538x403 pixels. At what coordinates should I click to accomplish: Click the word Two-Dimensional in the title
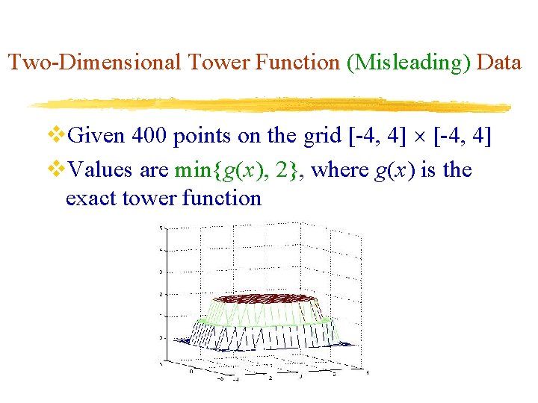point(94,62)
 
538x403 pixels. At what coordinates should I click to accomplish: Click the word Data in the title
point(498,62)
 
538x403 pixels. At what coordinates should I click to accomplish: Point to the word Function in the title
point(298,62)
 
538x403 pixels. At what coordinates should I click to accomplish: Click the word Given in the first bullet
point(96,137)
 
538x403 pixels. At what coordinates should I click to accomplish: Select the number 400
point(150,137)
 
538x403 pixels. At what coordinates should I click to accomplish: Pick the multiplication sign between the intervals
point(422,139)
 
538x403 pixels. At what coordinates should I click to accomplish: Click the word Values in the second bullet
point(99,170)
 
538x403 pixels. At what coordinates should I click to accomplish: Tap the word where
point(339,170)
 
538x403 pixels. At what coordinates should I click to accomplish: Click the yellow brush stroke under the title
point(269,104)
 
